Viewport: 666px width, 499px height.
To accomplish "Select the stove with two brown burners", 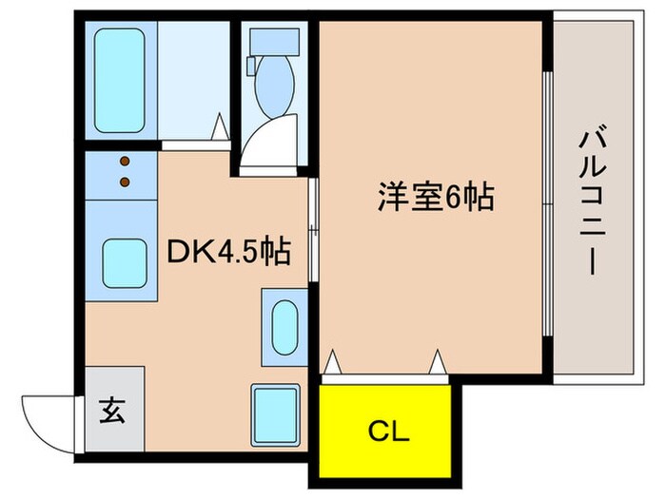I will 123,171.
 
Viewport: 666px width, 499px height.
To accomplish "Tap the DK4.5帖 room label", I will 228,252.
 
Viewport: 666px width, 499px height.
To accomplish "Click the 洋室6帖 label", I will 434,197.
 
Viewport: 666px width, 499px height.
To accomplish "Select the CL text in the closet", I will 388,432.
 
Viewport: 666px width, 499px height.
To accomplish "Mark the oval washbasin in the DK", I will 284,327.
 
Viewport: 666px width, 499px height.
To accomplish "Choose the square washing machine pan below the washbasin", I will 276,411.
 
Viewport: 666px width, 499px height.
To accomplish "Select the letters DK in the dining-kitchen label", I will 187,252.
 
